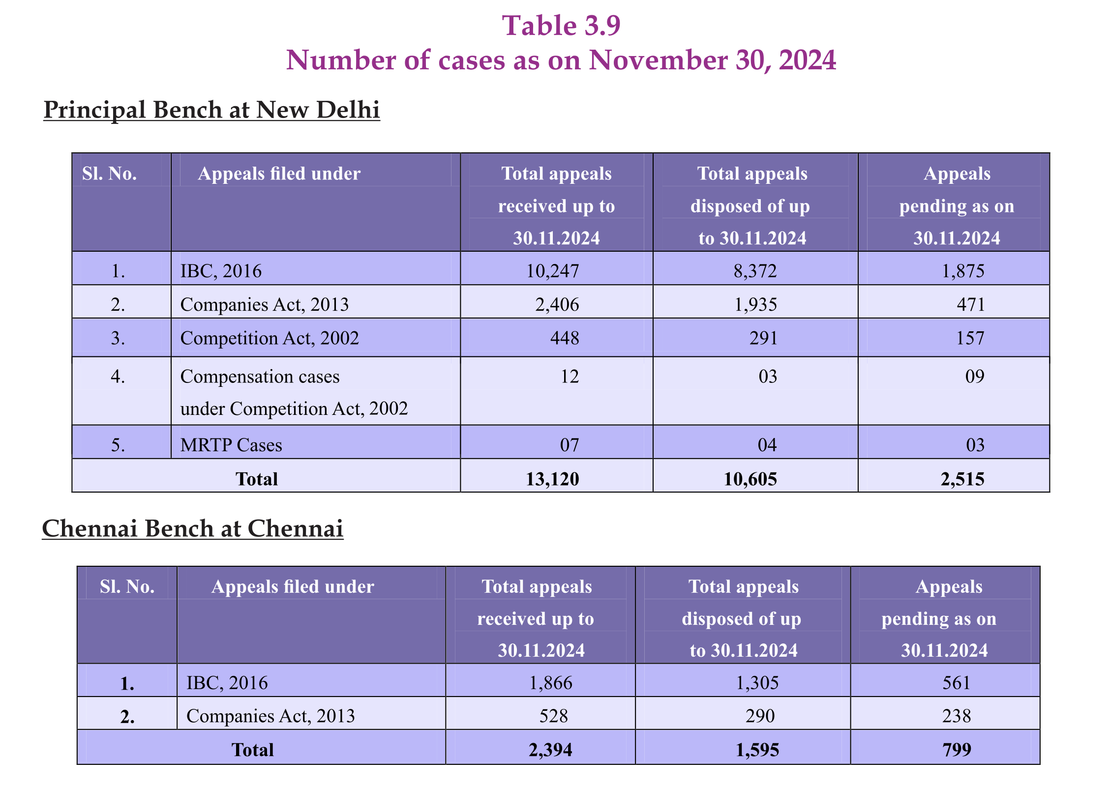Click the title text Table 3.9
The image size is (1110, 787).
click(x=561, y=26)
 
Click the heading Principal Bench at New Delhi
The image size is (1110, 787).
click(x=211, y=110)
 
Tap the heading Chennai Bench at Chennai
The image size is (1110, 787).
click(x=192, y=528)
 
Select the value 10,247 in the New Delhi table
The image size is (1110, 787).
click(x=552, y=271)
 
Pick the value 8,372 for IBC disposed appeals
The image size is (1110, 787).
click(x=755, y=271)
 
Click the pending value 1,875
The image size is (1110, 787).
click(x=962, y=271)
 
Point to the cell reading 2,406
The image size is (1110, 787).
click(x=557, y=304)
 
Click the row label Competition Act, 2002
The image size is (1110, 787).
click(x=270, y=338)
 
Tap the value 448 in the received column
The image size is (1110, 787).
click(x=564, y=338)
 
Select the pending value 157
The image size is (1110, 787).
click(x=970, y=338)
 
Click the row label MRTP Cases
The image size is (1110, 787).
click(x=231, y=445)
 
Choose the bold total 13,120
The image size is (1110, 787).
click(x=552, y=479)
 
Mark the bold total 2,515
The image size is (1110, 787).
click(x=962, y=479)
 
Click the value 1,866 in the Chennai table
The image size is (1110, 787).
click(x=550, y=683)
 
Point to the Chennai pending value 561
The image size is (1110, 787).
click(x=956, y=683)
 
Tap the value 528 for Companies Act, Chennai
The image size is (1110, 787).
click(x=553, y=716)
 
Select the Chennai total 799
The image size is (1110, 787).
click(x=957, y=750)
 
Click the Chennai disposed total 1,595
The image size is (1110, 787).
click(x=757, y=750)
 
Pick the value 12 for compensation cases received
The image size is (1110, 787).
click(x=570, y=377)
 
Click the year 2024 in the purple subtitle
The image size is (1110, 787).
click(x=807, y=60)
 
